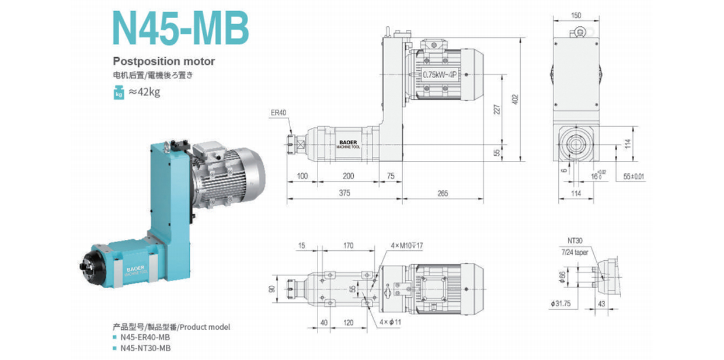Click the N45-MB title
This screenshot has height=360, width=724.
[x=182, y=28]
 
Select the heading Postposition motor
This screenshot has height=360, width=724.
[x=164, y=61]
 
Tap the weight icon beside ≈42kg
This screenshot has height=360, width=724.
[x=119, y=92]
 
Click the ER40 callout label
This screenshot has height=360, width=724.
[x=279, y=113]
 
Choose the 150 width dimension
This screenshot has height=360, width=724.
[x=576, y=16]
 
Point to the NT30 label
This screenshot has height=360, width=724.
[x=575, y=240]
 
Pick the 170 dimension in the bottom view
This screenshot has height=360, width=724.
[x=349, y=246]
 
